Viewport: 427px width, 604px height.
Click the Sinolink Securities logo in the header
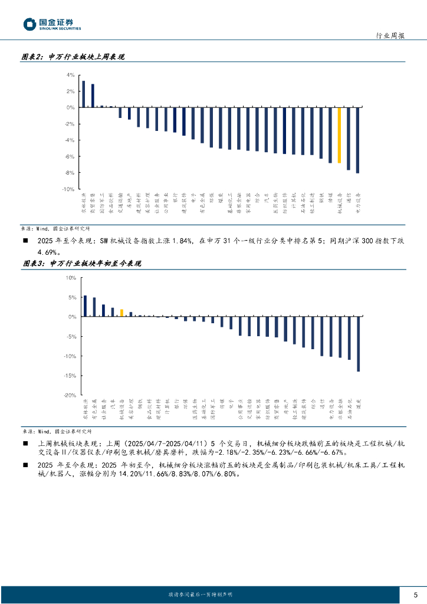coord(52,24)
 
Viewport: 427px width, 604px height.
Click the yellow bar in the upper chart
coord(339,135)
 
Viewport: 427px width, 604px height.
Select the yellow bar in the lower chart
coord(121,313)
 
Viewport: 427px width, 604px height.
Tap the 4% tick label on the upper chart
coord(70,75)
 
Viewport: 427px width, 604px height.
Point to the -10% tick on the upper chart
coord(68,189)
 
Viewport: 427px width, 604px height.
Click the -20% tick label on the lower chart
coord(70,395)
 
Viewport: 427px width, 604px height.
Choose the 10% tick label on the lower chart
coord(71,277)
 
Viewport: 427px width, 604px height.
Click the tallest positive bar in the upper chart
coord(83,94)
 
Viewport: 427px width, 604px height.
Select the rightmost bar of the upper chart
coord(357,140)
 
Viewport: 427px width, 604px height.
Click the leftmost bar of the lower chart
coord(85,306)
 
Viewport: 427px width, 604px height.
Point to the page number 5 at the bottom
coord(415,594)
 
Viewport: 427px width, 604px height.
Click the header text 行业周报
coord(390,35)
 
